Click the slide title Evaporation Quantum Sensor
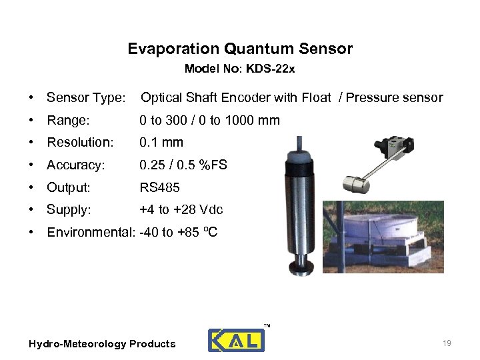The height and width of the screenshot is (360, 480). point(240,49)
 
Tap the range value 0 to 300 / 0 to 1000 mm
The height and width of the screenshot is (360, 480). point(209,121)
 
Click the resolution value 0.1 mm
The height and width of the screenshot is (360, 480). point(161,143)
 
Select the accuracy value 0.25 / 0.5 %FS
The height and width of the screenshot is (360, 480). point(183,165)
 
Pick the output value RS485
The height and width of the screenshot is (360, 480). point(159,187)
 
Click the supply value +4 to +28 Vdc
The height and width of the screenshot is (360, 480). point(181,210)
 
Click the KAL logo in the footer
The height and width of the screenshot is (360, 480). point(236,339)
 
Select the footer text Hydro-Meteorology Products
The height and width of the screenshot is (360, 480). point(102,344)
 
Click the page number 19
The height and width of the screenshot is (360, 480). point(447,343)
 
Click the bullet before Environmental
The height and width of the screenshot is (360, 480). point(32,233)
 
